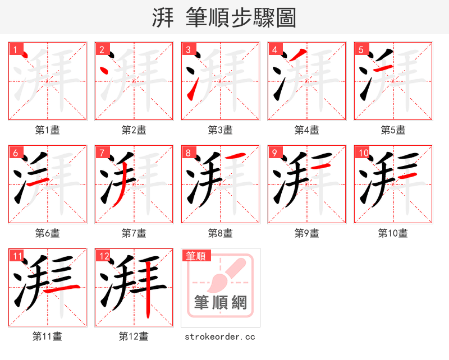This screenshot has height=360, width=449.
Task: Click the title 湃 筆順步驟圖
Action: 224,18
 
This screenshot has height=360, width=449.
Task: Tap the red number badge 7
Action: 102,153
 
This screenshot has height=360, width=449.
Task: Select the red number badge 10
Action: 363,153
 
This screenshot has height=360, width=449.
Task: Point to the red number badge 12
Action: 103,256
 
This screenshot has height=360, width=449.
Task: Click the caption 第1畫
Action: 48,130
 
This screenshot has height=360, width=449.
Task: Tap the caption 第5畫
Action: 393,130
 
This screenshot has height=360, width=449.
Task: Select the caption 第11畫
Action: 48,336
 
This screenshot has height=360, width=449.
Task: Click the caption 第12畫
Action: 134,336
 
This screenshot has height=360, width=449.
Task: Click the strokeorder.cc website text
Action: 220,336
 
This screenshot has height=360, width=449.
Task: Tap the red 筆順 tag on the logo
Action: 196,256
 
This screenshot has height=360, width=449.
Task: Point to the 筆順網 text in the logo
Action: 220,303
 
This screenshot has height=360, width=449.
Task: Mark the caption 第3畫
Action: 220,130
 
